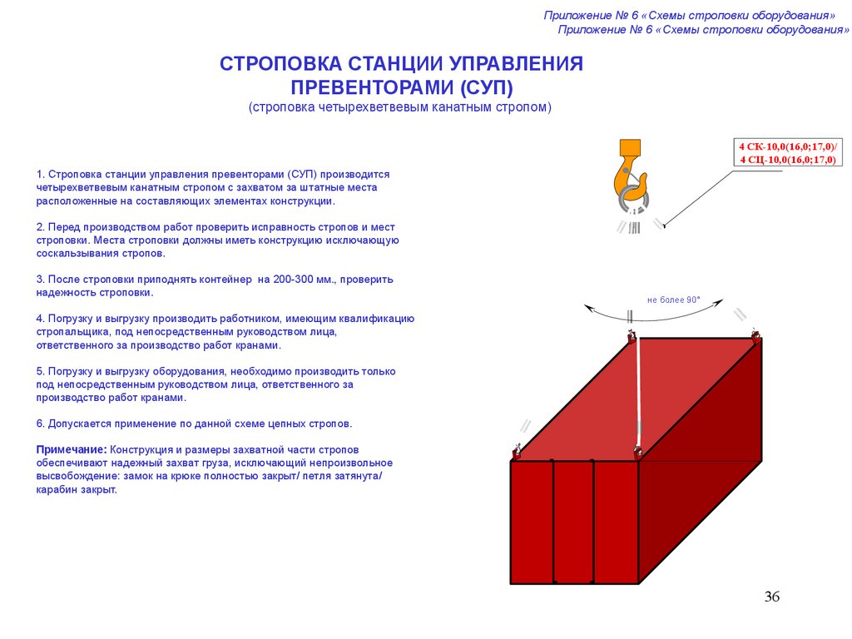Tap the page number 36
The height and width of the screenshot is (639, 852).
pyautogui.click(x=771, y=597)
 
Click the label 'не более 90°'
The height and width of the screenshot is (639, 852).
pyautogui.click(x=674, y=300)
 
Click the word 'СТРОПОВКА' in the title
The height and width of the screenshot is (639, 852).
pyautogui.click(x=280, y=65)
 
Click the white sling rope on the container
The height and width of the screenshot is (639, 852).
pyautogui.click(x=638, y=391)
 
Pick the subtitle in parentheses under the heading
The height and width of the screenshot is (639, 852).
pyautogui.click(x=399, y=108)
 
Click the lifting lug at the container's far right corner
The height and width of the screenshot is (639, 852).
pyautogui.click(x=755, y=338)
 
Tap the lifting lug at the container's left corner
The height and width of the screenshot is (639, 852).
pyautogui.click(x=517, y=453)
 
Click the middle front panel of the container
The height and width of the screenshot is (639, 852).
pyautogui.click(x=572, y=523)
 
